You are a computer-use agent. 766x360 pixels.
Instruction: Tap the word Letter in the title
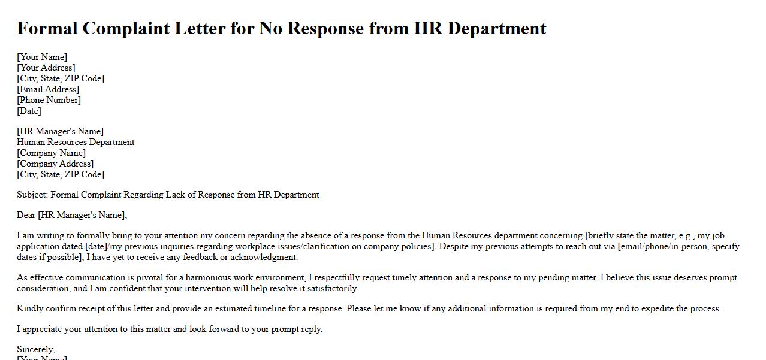tap(201, 28)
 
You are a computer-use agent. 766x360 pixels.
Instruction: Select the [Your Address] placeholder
tap(46, 68)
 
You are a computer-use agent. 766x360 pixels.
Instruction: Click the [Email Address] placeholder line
tap(48, 89)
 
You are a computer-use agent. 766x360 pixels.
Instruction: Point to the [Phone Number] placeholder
tap(49, 100)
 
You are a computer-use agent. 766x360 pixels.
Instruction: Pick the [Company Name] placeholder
tap(52, 153)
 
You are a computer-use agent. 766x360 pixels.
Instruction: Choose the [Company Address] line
tap(55, 164)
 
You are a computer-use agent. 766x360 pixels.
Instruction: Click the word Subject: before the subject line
tap(32, 195)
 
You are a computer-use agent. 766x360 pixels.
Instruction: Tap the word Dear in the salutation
tap(26, 215)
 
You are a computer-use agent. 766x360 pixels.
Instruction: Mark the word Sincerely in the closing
tap(35, 349)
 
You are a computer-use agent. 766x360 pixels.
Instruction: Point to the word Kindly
tap(30, 308)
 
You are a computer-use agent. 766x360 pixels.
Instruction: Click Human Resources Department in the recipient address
tap(76, 142)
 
